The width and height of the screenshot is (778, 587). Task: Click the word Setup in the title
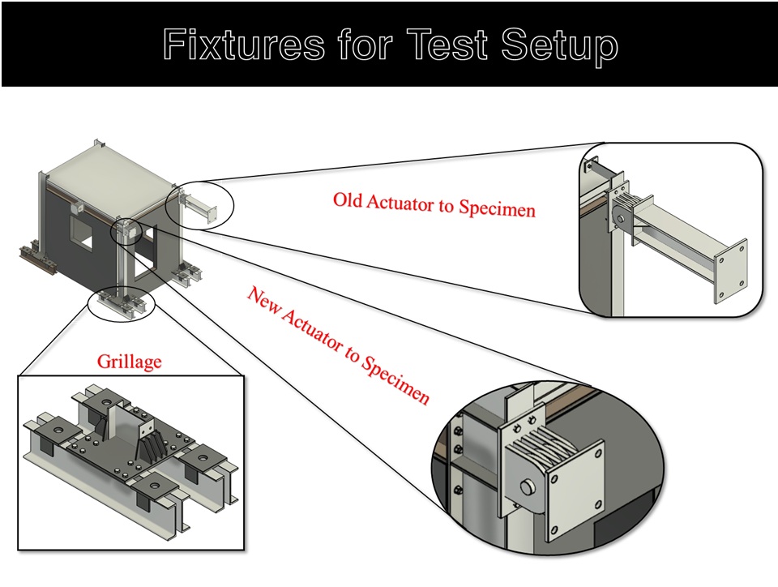(x=559, y=45)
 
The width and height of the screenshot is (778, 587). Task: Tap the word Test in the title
(x=450, y=44)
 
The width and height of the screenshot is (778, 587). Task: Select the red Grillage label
(x=129, y=362)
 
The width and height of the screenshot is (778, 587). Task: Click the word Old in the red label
(x=348, y=200)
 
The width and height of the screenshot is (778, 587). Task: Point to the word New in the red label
(x=263, y=302)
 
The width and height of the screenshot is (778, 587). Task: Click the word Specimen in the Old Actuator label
(x=497, y=208)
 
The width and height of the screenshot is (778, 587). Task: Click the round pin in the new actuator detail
(x=529, y=487)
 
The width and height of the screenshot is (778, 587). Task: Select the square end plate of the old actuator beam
(x=730, y=271)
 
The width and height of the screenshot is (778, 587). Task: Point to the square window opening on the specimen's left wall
(x=81, y=234)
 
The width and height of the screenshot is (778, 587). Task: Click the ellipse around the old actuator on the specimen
(x=199, y=205)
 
